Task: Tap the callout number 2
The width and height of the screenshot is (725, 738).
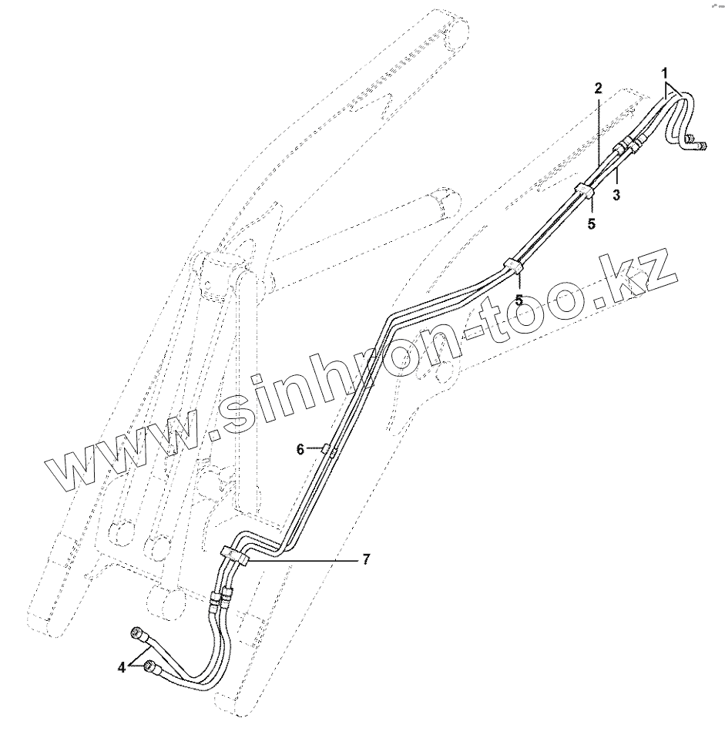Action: click(597, 87)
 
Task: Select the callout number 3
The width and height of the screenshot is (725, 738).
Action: click(616, 195)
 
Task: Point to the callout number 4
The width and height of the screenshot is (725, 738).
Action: click(121, 668)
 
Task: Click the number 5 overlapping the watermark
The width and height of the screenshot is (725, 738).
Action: click(519, 299)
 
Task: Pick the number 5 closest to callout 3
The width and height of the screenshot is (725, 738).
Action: click(591, 224)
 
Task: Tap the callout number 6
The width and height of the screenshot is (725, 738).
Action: click(300, 449)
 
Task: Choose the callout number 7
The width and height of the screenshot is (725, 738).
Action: click(366, 560)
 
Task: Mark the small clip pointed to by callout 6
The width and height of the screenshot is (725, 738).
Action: click(328, 450)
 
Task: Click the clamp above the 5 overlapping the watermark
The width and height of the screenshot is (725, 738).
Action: click(513, 266)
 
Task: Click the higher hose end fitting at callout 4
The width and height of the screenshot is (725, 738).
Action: click(139, 634)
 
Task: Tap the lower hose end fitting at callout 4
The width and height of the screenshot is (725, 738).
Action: click(151, 669)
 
